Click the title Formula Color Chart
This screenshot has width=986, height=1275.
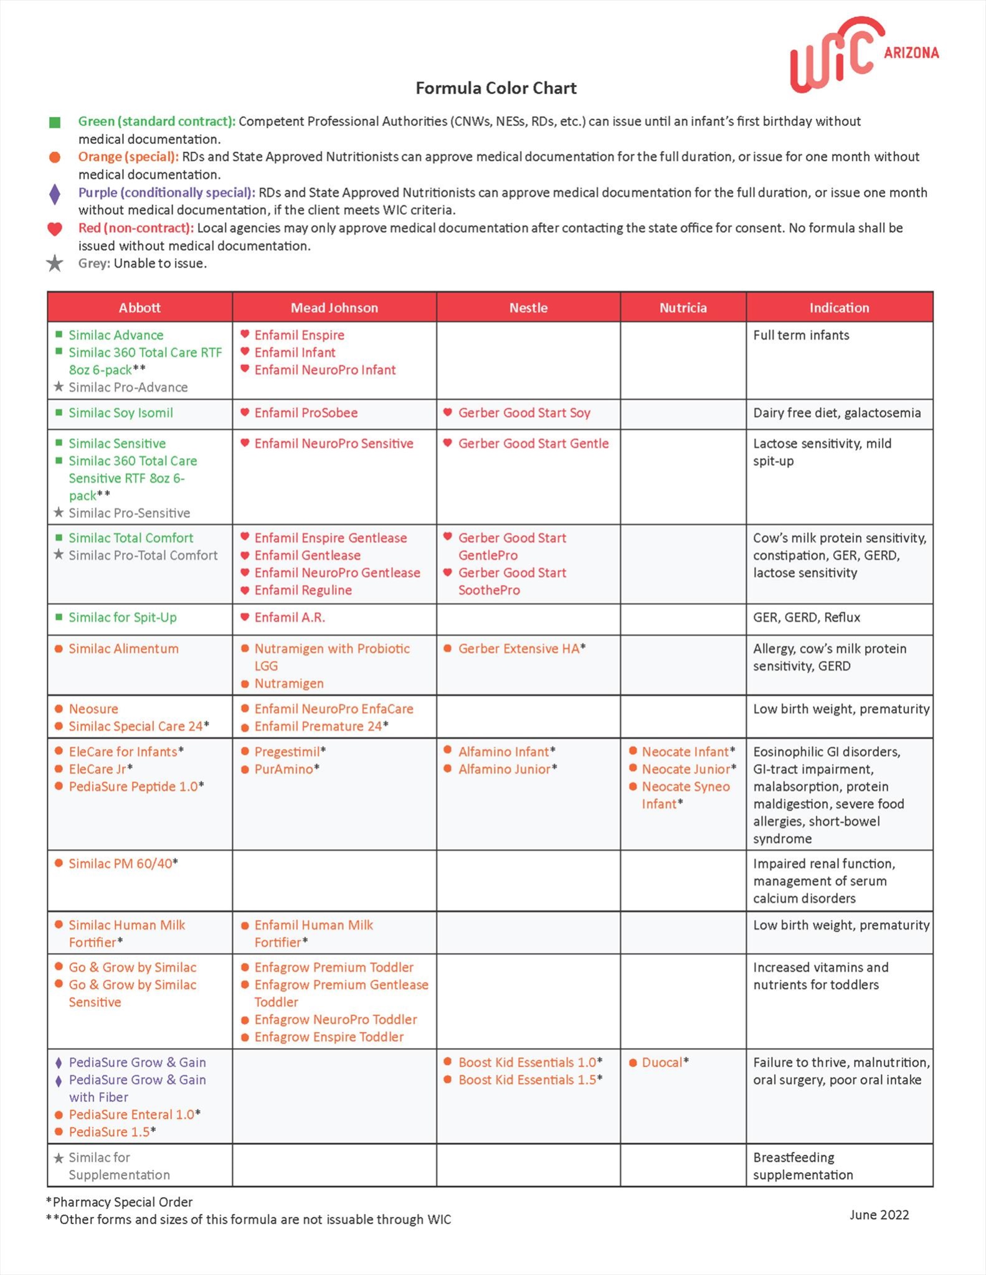[496, 88]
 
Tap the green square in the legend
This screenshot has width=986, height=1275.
[55, 122]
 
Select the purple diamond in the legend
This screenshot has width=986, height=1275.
[55, 194]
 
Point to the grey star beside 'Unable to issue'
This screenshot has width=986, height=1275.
[55, 263]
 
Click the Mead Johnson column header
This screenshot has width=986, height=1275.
[334, 308]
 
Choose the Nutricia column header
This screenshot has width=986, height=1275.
[683, 308]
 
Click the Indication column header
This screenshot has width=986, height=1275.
[839, 308]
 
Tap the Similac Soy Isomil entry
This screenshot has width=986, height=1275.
[121, 413]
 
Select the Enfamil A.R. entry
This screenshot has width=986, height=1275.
[290, 618]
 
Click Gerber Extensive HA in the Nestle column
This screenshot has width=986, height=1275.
[519, 649]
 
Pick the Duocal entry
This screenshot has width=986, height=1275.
[662, 1063]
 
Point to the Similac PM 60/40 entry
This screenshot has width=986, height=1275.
[120, 863]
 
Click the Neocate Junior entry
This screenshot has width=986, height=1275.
[686, 769]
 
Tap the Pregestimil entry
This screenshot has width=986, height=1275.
[287, 752]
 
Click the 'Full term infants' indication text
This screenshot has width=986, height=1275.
[801, 336]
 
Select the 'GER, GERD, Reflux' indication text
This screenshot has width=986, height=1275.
[807, 618]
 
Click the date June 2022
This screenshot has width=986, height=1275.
[879, 1215]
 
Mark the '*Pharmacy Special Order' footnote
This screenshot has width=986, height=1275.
[120, 1202]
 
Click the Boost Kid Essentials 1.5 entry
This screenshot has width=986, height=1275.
[528, 1080]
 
